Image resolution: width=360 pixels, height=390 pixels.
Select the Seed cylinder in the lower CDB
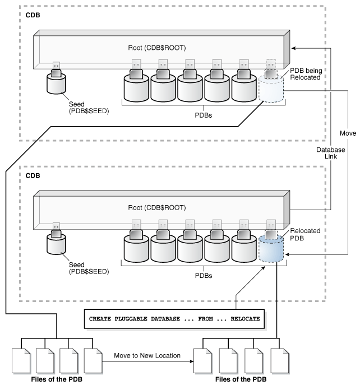click(56, 245)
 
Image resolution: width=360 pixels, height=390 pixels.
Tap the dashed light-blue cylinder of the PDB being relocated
click(271, 90)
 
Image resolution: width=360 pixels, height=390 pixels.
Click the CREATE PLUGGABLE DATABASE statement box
click(174, 318)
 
